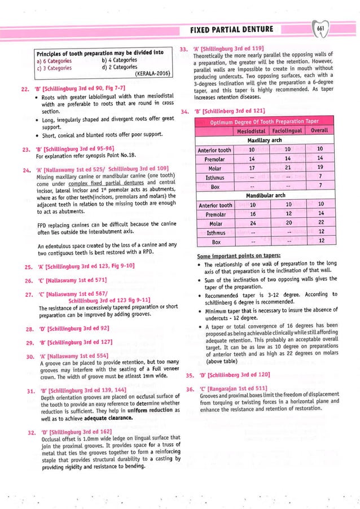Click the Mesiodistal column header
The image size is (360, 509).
tap(252, 131)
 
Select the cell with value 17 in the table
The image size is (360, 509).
tap(252, 168)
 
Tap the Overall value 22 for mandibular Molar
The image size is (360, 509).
tap(320, 223)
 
